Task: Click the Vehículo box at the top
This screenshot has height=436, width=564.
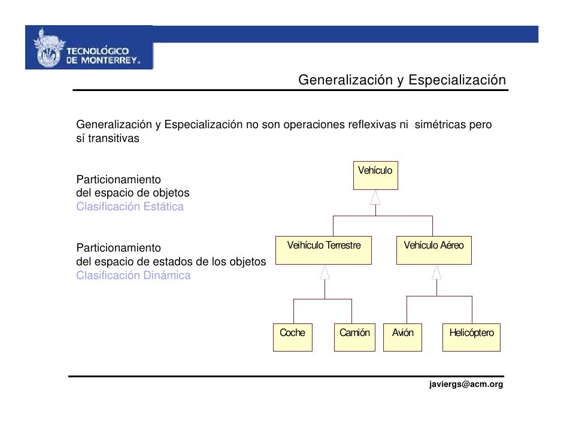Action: [375, 175]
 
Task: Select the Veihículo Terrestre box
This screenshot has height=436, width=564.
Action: [324, 250]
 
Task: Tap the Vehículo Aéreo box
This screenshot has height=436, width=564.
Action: [433, 250]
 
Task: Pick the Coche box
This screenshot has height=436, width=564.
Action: [292, 337]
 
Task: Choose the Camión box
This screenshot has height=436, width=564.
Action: [354, 337]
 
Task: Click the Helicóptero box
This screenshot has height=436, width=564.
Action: [471, 337]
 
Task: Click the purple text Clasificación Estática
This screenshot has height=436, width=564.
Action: [130, 207]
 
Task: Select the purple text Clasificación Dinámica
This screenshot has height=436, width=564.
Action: [134, 276]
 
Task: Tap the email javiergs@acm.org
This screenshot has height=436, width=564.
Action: [466, 384]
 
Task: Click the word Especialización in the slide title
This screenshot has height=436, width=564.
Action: [457, 80]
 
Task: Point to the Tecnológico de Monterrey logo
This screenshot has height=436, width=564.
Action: [89, 48]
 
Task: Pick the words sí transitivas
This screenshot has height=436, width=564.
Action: [108, 138]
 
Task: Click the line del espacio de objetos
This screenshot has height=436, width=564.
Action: [132, 193]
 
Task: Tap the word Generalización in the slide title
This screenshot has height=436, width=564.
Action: [344, 80]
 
